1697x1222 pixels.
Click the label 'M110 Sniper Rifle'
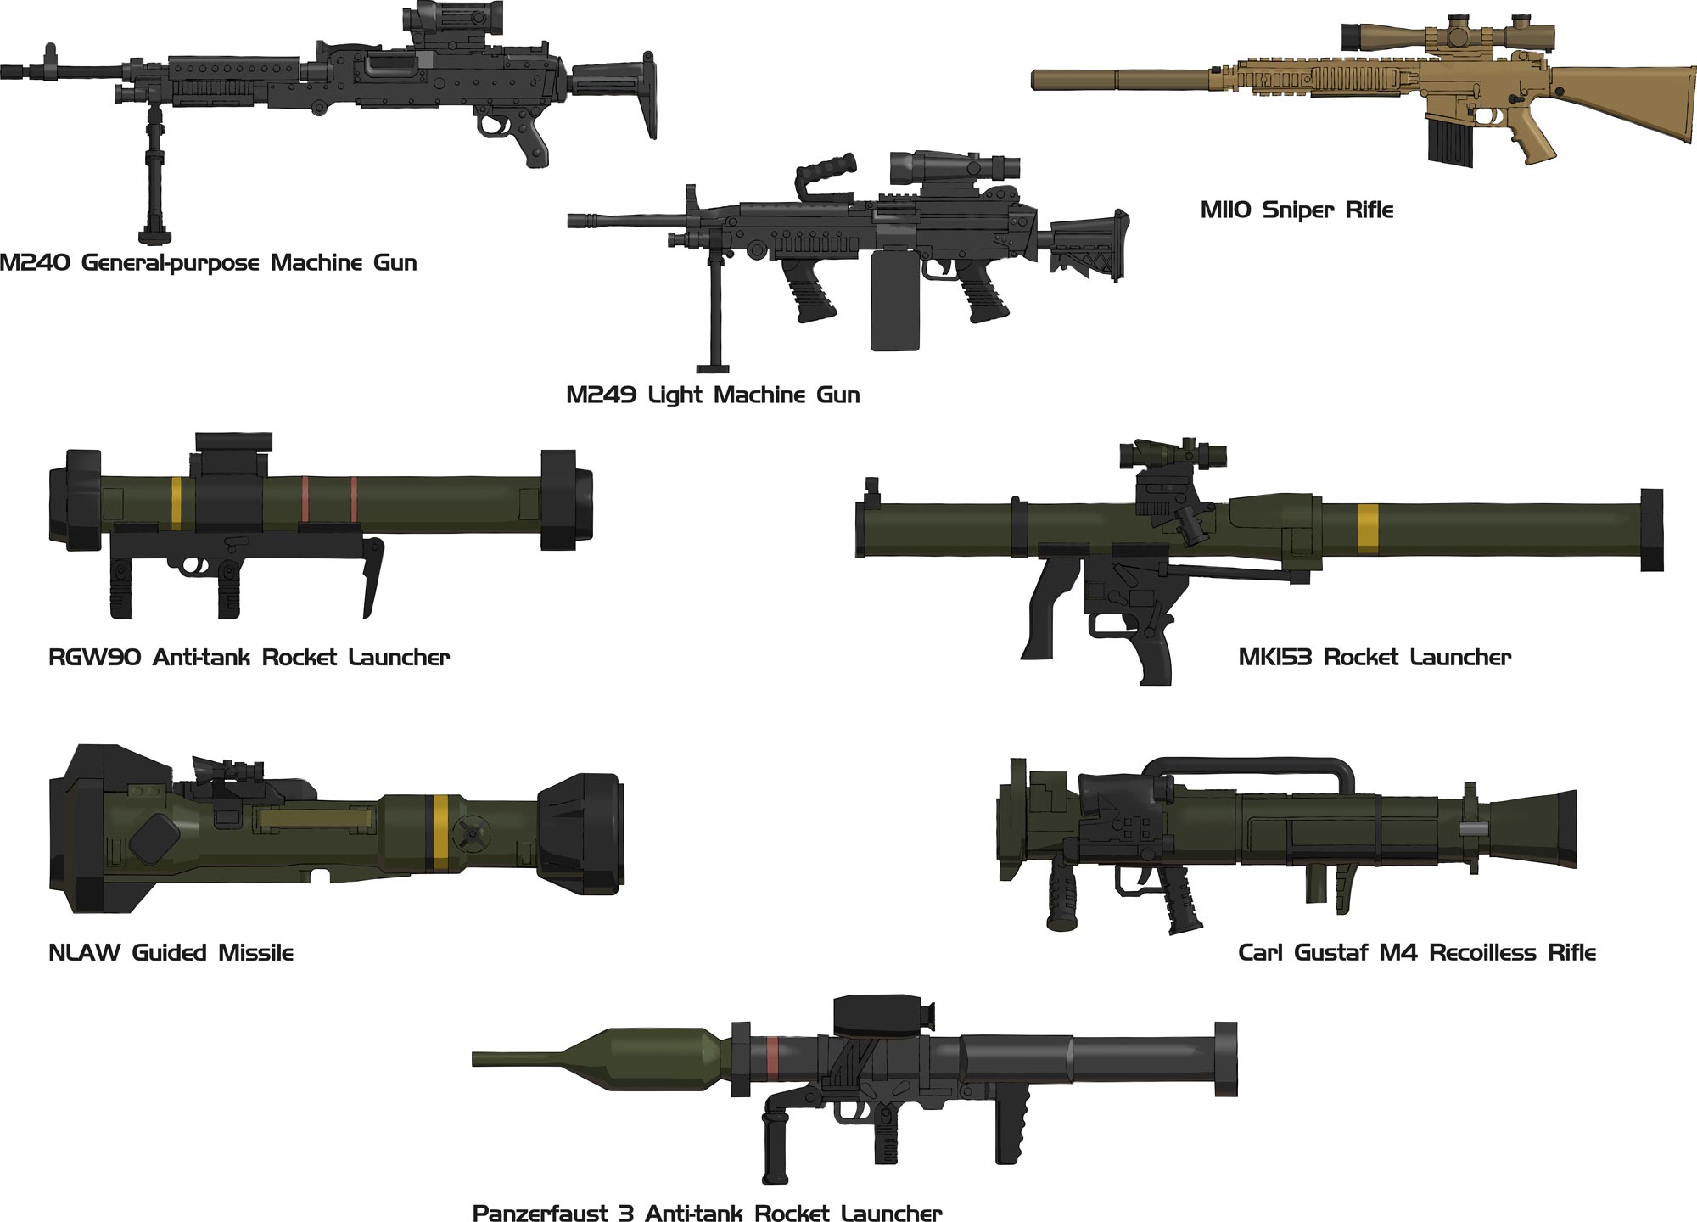tap(1297, 210)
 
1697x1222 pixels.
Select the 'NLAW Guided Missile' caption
tap(171, 952)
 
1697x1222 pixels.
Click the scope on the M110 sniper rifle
tap(1447, 36)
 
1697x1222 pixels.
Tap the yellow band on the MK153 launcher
tap(1367, 529)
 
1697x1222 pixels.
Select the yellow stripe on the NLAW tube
tap(441, 833)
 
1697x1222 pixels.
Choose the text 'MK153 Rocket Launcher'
tap(1375, 657)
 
